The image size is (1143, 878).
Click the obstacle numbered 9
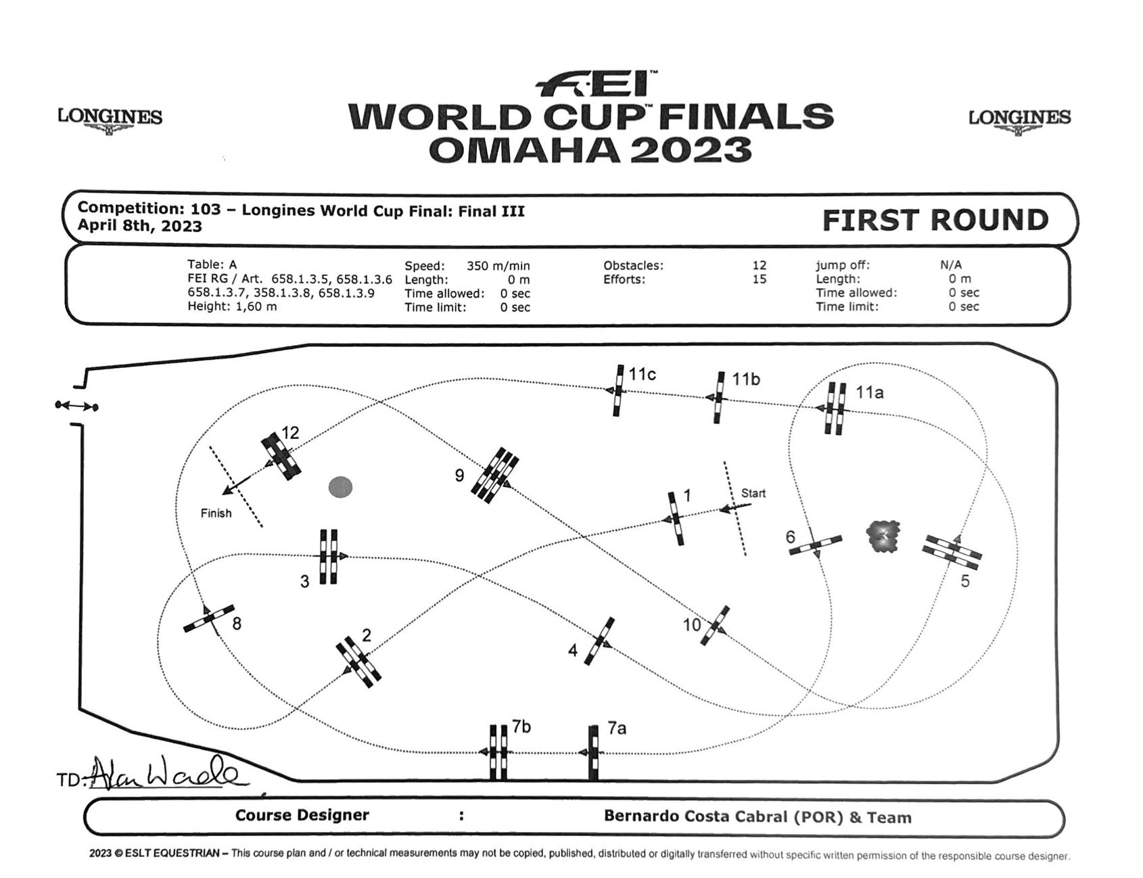click(x=495, y=475)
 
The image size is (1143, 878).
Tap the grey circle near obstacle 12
click(x=340, y=487)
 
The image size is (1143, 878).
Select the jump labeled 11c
click(x=619, y=391)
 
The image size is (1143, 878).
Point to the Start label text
click(x=753, y=493)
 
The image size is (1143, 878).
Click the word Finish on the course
click(x=216, y=513)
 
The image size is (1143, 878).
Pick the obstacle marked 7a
click(x=594, y=752)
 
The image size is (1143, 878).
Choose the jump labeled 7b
click(x=498, y=752)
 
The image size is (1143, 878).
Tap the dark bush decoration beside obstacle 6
click(x=883, y=537)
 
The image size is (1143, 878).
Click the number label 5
click(x=965, y=581)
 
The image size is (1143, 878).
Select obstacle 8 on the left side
click(x=209, y=618)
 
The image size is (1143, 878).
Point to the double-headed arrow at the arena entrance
click(x=76, y=406)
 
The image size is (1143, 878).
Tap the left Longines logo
click(x=110, y=119)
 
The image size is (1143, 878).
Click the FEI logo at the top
click(x=595, y=84)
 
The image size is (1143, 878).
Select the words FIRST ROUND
click(x=935, y=221)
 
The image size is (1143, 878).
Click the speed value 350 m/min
click(x=498, y=266)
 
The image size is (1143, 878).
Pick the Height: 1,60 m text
click(x=232, y=306)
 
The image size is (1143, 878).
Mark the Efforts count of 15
click(x=759, y=279)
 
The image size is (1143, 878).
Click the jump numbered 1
click(x=676, y=519)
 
